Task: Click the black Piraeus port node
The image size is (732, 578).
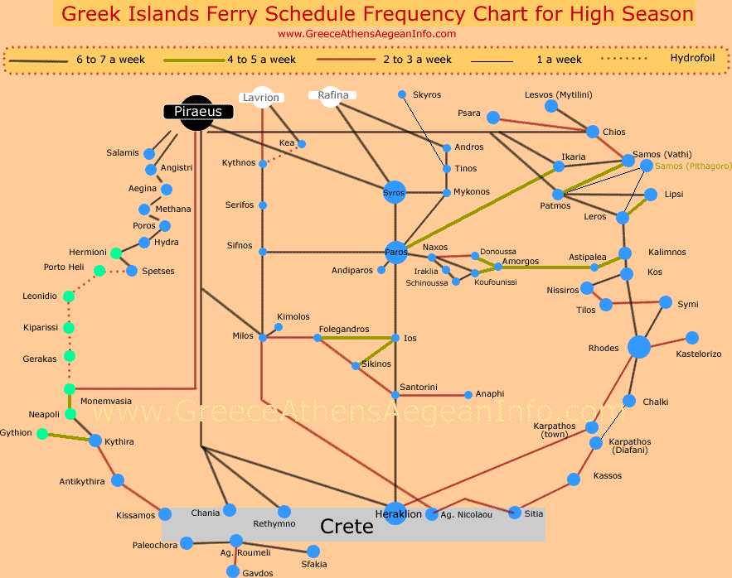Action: [x=196, y=112]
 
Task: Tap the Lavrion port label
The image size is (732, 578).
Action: [x=261, y=97]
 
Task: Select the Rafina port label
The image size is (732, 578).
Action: [x=333, y=95]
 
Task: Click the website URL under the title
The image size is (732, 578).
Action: [x=366, y=34]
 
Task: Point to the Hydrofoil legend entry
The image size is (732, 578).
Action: [x=694, y=59]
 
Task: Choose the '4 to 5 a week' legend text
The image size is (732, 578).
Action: [x=261, y=60]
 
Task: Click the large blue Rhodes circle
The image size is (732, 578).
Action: [x=638, y=347]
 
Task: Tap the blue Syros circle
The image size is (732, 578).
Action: [x=395, y=192]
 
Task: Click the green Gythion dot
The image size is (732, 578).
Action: [x=42, y=433]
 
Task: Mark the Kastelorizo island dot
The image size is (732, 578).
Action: [x=692, y=338]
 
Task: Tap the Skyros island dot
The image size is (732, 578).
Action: [x=402, y=94]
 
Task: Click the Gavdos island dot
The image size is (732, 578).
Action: [x=233, y=571]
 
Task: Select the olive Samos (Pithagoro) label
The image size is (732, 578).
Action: [x=693, y=166]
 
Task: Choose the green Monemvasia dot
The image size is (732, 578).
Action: [x=70, y=388]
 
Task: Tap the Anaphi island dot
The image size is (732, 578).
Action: [x=468, y=395]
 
